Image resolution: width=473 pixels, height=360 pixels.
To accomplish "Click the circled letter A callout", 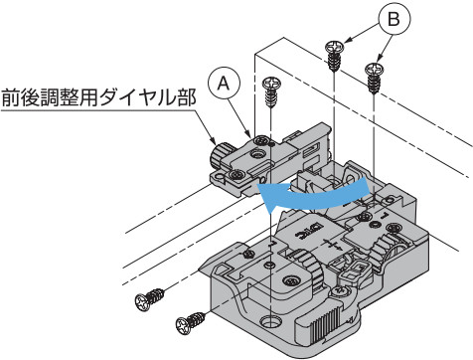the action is (224, 84).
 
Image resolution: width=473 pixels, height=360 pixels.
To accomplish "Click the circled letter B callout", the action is (394, 20).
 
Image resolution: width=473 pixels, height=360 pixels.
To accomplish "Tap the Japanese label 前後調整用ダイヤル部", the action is (98, 97).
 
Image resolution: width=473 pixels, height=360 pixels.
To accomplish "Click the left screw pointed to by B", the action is (335, 56).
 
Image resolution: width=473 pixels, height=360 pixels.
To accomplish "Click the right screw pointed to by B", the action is (375, 78).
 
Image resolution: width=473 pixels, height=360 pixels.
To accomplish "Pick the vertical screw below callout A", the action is (271, 92).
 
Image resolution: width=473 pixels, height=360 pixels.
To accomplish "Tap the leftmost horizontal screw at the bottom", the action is (150, 299).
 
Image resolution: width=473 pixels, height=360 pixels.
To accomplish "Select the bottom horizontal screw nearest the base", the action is (191, 321).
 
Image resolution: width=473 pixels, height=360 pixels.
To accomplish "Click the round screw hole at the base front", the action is (271, 321).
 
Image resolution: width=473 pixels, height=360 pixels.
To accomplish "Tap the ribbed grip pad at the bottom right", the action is (326, 325).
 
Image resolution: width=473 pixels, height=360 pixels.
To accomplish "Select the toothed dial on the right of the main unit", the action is (386, 251).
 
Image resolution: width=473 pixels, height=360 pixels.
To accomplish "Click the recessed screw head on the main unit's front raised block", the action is (290, 281).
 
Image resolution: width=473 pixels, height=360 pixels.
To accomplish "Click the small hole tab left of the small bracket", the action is (219, 176).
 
